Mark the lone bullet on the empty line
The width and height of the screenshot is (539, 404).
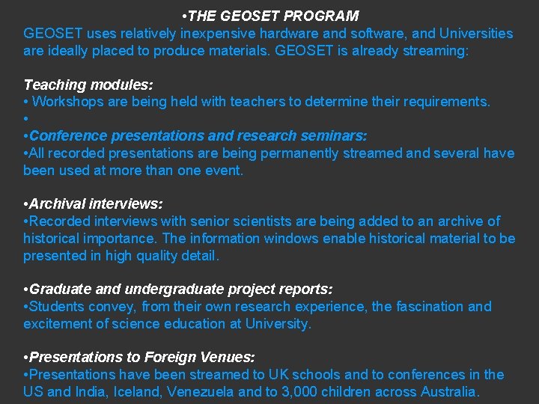[x=26, y=119]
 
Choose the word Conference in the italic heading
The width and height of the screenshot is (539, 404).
[x=68, y=136]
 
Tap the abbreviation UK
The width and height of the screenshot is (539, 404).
[x=289, y=375]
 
